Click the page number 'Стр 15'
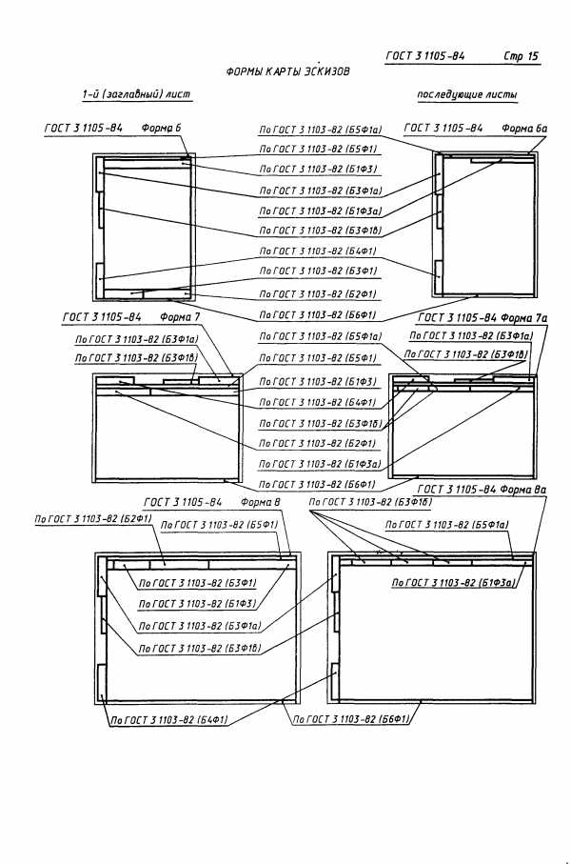[521, 56]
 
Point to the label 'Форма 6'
[162, 128]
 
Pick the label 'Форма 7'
[181, 317]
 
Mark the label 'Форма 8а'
[523, 490]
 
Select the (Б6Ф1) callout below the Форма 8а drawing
[351, 721]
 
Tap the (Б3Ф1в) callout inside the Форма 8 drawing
[200, 648]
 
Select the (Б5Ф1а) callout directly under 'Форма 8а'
[448, 524]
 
